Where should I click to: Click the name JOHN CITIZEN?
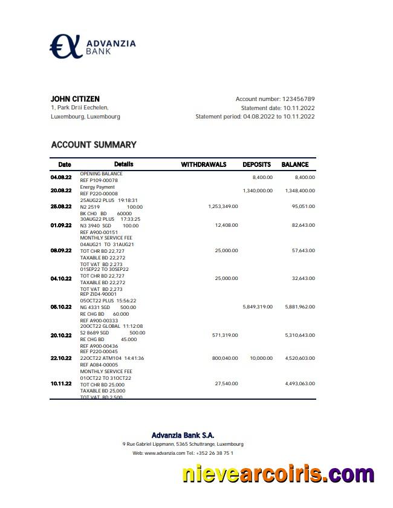coord(75,99)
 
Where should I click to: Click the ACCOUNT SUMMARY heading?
coord(94,145)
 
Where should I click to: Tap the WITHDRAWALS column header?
coord(204,164)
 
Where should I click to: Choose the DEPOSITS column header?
coord(256,164)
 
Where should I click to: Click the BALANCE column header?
coord(295,164)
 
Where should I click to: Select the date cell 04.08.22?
coord(61,177)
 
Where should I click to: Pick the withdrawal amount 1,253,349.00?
coord(222,206)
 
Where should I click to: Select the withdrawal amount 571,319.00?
coord(226,335)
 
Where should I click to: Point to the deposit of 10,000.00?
coord(261,358)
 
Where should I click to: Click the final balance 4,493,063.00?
coord(300,383)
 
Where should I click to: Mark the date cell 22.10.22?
coord(61,358)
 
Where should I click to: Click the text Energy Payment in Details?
coord(97,187)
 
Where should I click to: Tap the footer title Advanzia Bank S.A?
coord(183,435)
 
